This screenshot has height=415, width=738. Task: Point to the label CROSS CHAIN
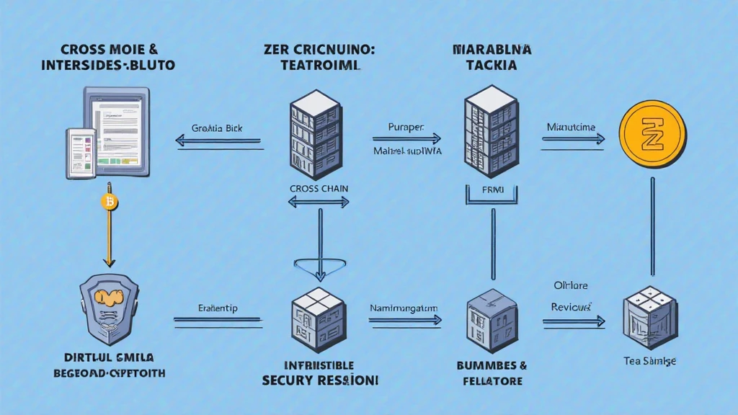319,188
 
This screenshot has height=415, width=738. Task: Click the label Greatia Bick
218,128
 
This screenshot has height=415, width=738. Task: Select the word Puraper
404,128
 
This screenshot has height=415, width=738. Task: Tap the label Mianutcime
571,128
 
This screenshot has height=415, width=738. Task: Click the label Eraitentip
217,308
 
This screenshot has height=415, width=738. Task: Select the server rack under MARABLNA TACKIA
492,134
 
